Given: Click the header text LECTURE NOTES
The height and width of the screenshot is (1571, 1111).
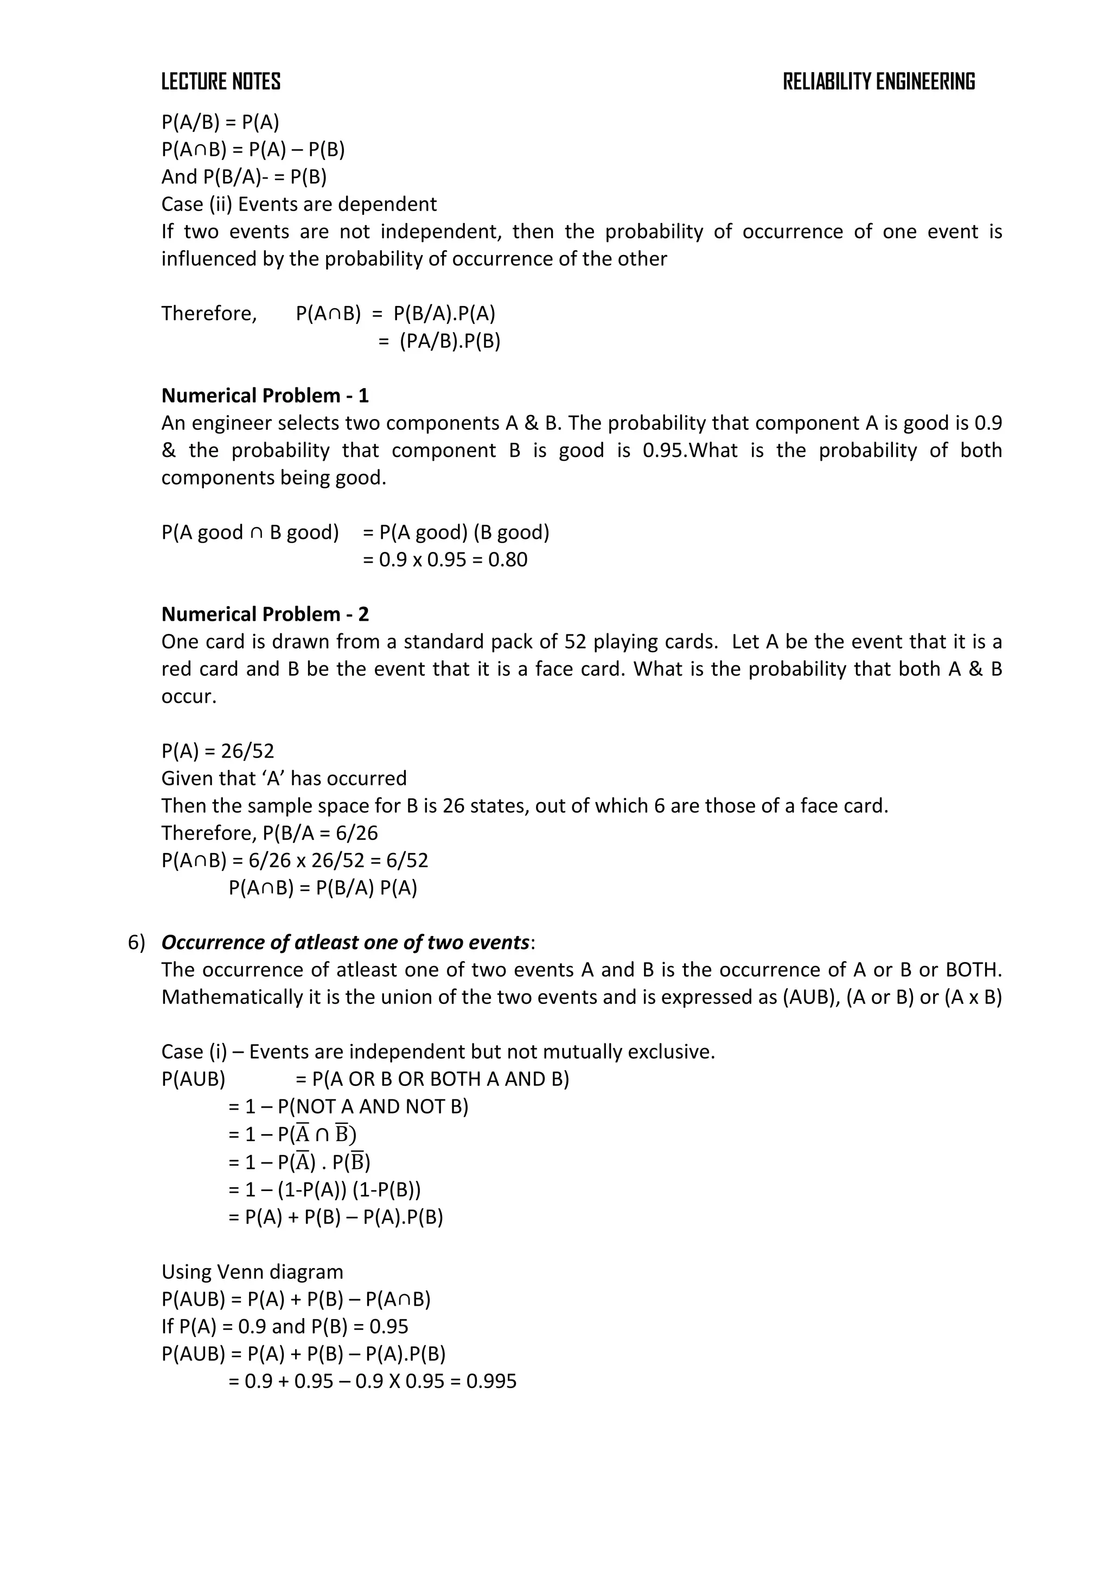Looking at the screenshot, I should [220, 82].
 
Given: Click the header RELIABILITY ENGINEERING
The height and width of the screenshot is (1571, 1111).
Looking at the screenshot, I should [878, 82].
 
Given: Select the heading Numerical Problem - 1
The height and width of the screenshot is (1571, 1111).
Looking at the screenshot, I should [265, 396].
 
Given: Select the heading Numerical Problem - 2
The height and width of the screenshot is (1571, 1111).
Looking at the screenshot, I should [265, 614].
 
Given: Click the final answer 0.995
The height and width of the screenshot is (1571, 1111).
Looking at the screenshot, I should [491, 1381].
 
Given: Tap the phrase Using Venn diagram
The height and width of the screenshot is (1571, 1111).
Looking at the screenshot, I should [252, 1271].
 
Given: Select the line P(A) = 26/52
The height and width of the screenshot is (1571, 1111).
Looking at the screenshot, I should [218, 750].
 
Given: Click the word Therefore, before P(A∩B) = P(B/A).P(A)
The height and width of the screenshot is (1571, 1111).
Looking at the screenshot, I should [209, 313].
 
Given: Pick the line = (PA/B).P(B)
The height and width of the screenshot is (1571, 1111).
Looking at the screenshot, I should [439, 341].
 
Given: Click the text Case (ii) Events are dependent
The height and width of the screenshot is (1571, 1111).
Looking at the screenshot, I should [299, 204].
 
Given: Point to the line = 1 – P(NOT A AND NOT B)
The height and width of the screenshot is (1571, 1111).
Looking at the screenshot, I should [348, 1106].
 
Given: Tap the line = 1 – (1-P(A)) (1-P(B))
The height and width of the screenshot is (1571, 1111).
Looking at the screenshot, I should [324, 1189].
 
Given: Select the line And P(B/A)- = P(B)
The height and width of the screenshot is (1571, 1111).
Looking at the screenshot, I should [244, 176].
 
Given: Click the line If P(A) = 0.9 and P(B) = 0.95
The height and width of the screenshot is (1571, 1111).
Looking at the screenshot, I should [285, 1326].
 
